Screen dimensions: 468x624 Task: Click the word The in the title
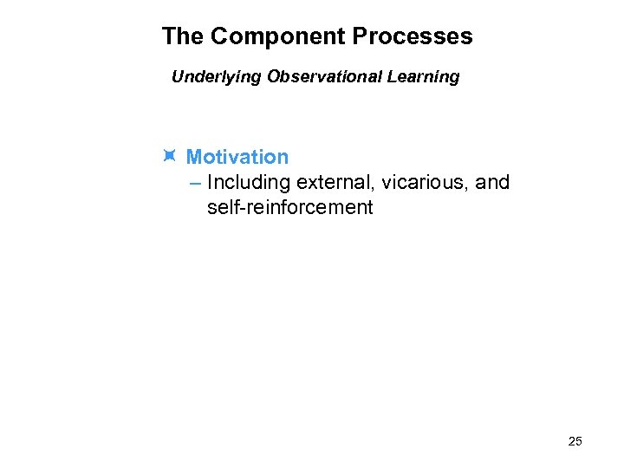[182, 36]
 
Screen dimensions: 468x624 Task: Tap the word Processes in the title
[413, 36]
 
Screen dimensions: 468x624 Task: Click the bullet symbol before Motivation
[169, 156]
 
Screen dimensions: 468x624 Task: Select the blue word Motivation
[237, 157]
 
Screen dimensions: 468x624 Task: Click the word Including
[249, 183]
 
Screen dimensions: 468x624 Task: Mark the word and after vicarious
[491, 183]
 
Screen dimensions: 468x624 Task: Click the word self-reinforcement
[290, 208]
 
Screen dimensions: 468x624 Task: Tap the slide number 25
[575, 442]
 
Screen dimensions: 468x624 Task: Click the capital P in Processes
[361, 36]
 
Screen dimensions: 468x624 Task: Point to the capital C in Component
[219, 36]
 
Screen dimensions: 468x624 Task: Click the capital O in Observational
[275, 76]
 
